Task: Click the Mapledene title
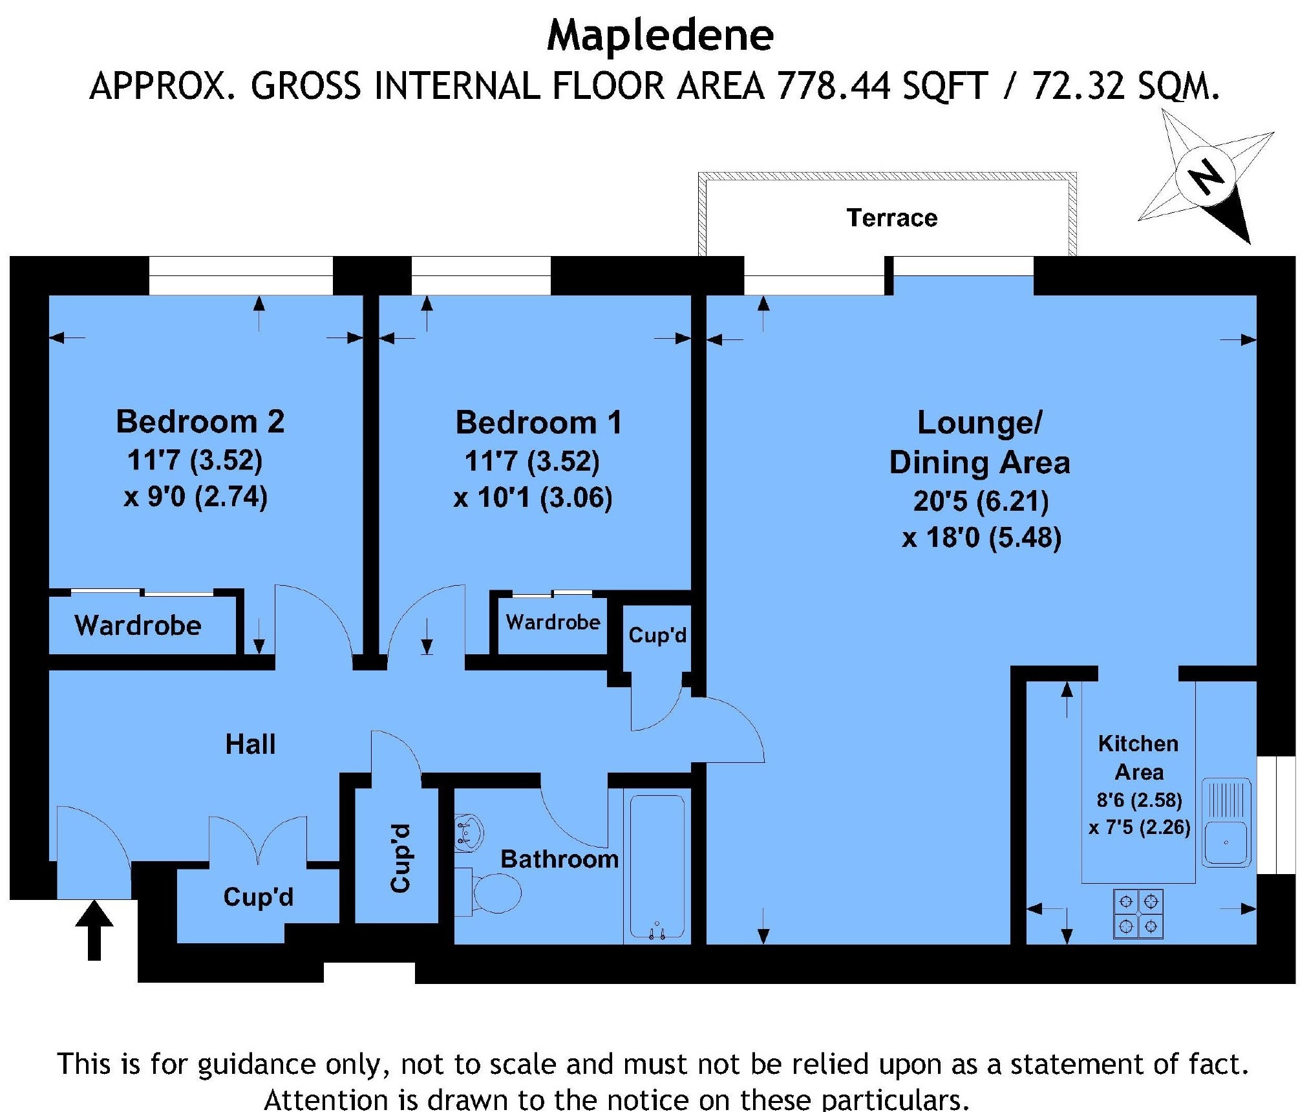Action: (x=660, y=37)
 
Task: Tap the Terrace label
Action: (x=892, y=218)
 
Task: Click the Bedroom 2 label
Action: (x=200, y=422)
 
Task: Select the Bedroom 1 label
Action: (x=538, y=423)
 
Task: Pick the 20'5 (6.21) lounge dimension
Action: (x=981, y=501)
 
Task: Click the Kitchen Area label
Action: (x=1139, y=757)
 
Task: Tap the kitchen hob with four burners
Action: (x=1138, y=914)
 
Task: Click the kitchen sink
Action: (x=1226, y=822)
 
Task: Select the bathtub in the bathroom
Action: (x=657, y=866)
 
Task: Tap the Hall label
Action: (x=250, y=744)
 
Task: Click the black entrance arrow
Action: (x=94, y=930)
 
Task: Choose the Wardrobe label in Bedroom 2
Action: (x=138, y=625)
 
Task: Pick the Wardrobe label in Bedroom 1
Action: (x=553, y=622)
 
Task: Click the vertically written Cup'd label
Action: (x=400, y=858)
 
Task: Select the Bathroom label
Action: (x=560, y=859)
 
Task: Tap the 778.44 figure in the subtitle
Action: (x=834, y=86)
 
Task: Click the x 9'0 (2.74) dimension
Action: (x=196, y=497)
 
